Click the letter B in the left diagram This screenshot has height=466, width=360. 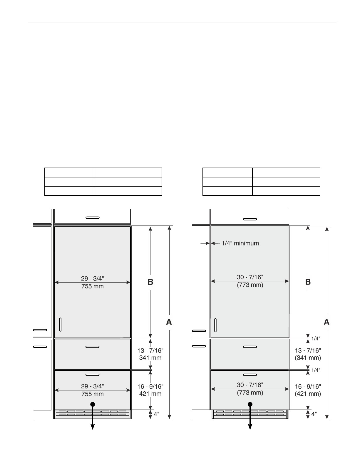pyautogui.click(x=150, y=282)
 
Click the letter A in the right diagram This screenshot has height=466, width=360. pyautogui.click(x=326, y=322)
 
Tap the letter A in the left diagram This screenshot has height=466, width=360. pyautogui.click(x=169, y=322)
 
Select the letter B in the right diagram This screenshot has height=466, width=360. pyautogui.click(x=308, y=282)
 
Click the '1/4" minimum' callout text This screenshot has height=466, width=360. pyautogui.click(x=240, y=243)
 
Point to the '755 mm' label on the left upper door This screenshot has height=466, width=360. pyautogui.click(x=92, y=286)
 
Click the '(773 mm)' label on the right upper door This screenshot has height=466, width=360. pyautogui.click(x=250, y=285)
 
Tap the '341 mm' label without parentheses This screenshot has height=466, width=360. pyautogui.click(x=150, y=358)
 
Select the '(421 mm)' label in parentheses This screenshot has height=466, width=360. pyautogui.click(x=308, y=394)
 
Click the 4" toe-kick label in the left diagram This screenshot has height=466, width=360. pyautogui.click(x=156, y=414)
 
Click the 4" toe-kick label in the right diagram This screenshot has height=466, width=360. pyautogui.click(x=314, y=414)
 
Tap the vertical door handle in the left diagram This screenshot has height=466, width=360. pyautogui.click(x=60, y=325)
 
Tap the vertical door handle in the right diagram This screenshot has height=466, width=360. pyautogui.click(x=215, y=325)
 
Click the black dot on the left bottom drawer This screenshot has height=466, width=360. pyautogui.click(x=93, y=404)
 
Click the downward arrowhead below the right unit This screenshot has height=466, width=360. pyautogui.click(x=250, y=427)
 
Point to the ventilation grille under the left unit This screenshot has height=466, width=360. pyautogui.click(x=92, y=414)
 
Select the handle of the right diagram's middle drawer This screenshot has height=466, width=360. pyautogui.click(x=250, y=347)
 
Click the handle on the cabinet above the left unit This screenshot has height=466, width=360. pyautogui.click(x=93, y=218)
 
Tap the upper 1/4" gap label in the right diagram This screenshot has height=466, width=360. pyautogui.click(x=316, y=338)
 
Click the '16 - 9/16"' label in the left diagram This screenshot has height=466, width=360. pyautogui.click(x=150, y=386)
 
